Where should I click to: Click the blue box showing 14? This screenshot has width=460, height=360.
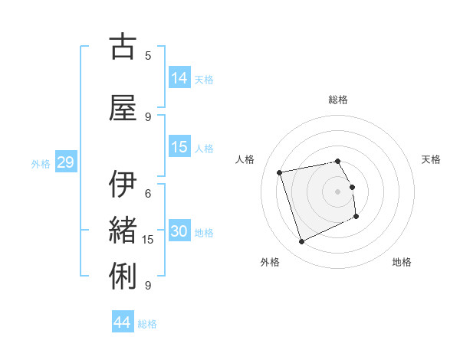click(x=179, y=77)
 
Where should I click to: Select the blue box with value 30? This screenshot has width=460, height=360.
click(x=179, y=231)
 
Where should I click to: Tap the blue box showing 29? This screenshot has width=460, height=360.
click(x=65, y=162)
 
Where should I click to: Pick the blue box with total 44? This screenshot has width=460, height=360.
click(x=123, y=322)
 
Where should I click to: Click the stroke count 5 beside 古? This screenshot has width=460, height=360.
click(x=148, y=55)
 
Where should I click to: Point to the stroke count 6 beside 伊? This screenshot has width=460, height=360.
click(x=148, y=193)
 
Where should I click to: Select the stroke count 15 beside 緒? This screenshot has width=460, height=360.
click(x=148, y=240)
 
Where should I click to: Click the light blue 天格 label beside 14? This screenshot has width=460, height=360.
click(x=204, y=79)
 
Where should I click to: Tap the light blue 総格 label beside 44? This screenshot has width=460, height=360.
click(x=147, y=324)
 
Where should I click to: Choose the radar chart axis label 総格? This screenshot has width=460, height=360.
click(x=338, y=100)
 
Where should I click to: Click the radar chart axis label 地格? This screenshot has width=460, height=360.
click(x=402, y=262)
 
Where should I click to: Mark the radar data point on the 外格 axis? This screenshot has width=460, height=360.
click(x=301, y=242)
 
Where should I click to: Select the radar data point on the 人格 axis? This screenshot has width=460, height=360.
click(x=280, y=172)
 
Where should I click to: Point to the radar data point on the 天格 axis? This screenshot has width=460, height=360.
click(x=352, y=187)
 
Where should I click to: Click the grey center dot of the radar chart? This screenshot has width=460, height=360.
click(x=338, y=191)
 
